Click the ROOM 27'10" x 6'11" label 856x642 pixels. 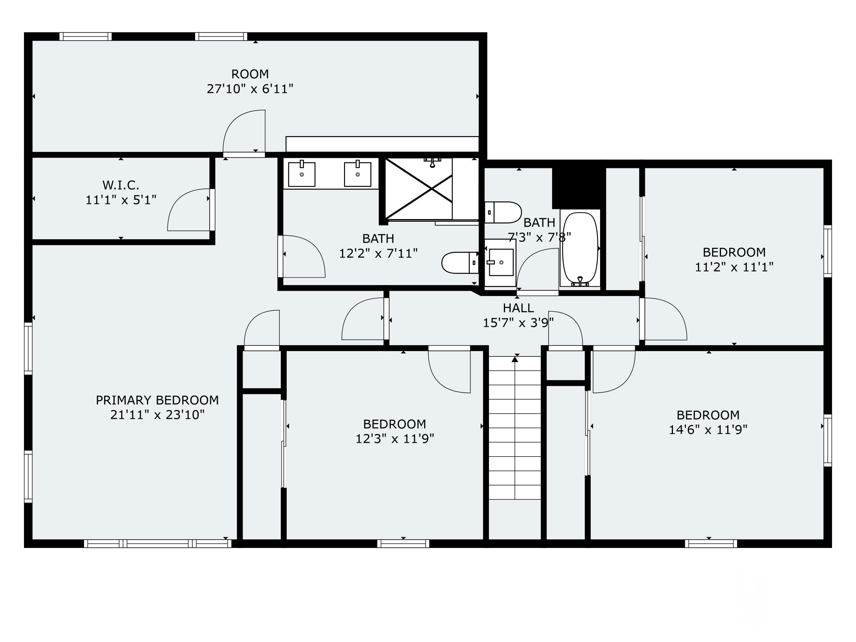(x=250, y=82)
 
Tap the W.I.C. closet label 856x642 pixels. (x=121, y=185)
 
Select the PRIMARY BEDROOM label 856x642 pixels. (x=157, y=400)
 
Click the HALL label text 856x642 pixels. (x=518, y=308)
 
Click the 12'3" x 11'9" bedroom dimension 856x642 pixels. (x=395, y=439)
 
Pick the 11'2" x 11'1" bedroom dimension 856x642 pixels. (x=734, y=267)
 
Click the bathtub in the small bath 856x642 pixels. (x=580, y=249)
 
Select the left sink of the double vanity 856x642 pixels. (x=302, y=173)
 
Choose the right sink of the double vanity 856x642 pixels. (x=358, y=173)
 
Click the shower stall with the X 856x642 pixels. (x=419, y=189)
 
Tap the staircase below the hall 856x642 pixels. (x=515, y=428)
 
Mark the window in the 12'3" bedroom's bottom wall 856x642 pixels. (x=403, y=544)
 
